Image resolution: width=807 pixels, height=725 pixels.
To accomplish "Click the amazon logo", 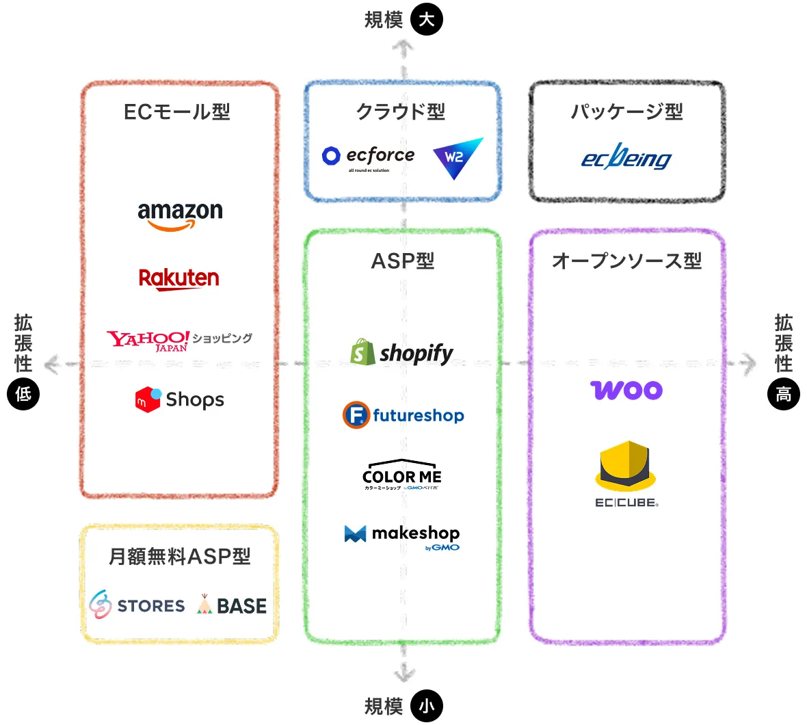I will [180, 215].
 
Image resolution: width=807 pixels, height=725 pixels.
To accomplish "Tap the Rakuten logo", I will [179, 278].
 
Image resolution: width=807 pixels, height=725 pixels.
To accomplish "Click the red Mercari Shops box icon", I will [148, 399].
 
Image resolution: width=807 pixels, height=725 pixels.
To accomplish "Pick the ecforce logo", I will [369, 157].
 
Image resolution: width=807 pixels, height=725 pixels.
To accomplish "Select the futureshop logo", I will [403, 415].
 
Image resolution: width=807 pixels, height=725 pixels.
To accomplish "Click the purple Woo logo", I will [626, 390].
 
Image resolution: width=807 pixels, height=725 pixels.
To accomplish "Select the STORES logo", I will [137, 605].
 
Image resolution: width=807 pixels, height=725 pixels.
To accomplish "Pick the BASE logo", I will [232, 605].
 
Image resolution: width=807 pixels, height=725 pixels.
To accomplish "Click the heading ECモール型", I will [177, 111].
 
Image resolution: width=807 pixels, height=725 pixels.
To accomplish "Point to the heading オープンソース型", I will [626, 261].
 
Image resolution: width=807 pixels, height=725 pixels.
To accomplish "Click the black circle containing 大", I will [427, 19].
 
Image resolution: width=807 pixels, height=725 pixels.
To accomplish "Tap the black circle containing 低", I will [23, 394].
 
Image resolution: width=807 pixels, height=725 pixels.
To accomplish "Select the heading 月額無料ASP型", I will [179, 556].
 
